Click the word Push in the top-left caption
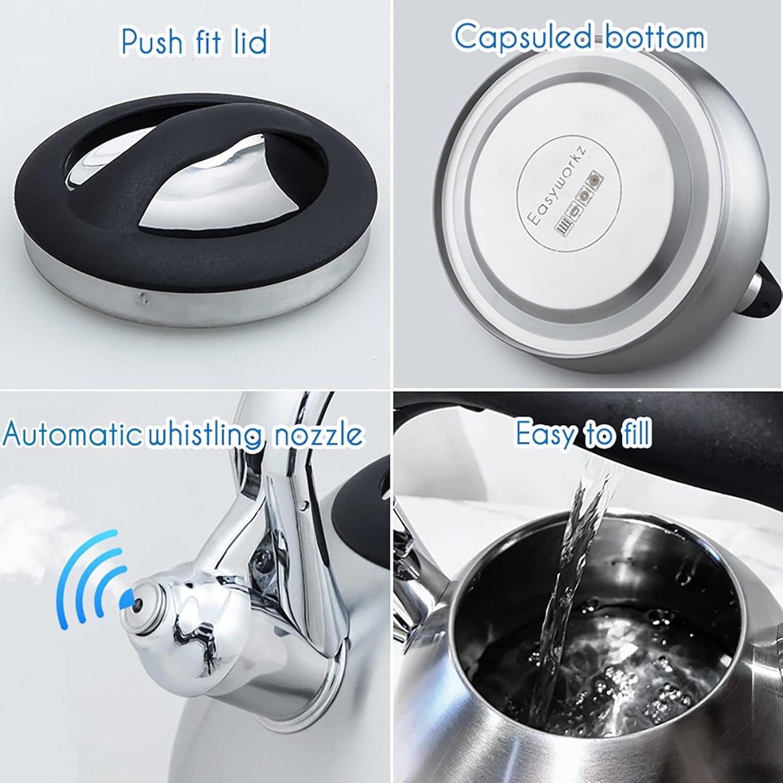coord(152,41)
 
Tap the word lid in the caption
coord(250,41)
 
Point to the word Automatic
coord(70,435)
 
